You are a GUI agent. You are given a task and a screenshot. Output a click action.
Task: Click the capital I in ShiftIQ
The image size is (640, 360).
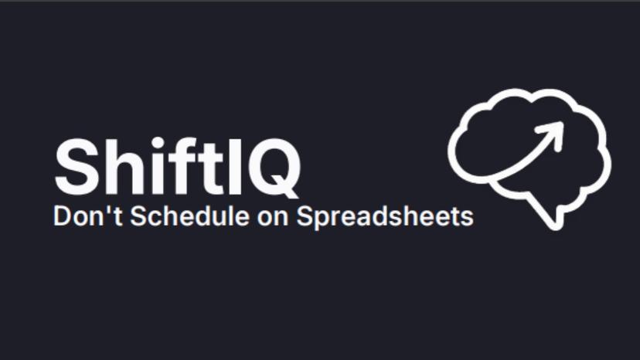point(218,167)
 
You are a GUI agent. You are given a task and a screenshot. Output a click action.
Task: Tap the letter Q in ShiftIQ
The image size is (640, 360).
point(263,168)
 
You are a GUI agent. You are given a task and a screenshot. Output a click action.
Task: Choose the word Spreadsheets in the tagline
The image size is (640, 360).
point(385,218)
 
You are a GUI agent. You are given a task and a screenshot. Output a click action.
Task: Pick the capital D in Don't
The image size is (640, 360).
point(61,216)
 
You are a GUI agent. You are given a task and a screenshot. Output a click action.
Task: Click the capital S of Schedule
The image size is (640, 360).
point(138,216)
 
